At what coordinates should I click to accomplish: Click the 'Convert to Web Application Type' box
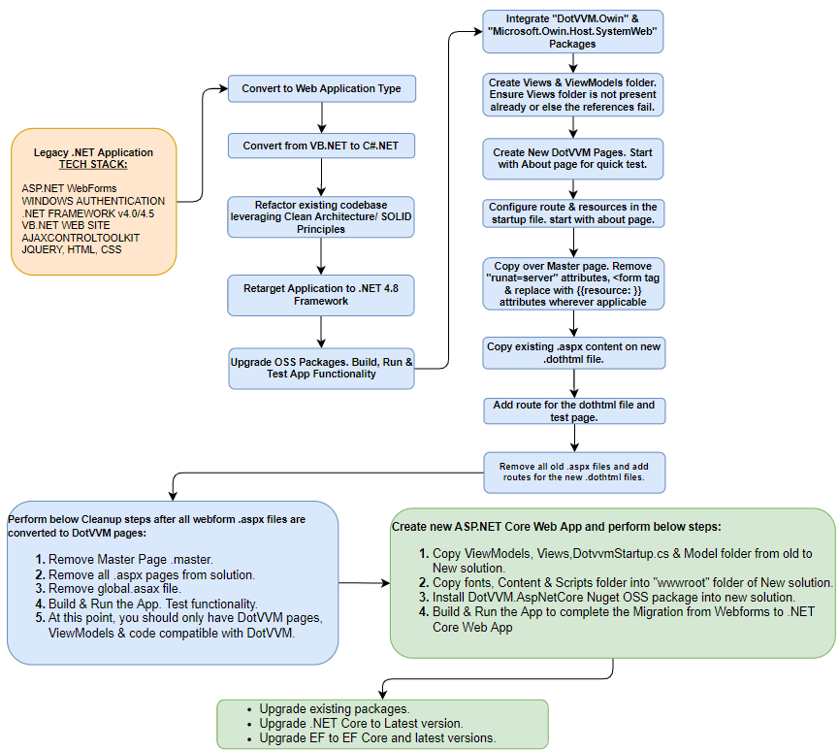tap(322, 88)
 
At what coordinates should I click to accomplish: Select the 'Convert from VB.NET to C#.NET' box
tap(321, 146)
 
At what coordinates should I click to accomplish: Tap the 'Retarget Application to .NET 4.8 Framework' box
tap(320, 295)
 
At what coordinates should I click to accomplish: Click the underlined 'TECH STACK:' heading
tap(93, 164)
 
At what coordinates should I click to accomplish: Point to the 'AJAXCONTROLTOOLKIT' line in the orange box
tap(81, 238)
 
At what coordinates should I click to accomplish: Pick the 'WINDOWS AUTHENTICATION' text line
tap(93, 201)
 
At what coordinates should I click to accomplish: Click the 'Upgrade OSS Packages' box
tap(321, 369)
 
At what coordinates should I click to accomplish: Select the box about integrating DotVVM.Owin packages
tap(572, 32)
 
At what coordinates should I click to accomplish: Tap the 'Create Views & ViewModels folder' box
tap(572, 95)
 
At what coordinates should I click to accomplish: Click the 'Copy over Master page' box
tap(573, 283)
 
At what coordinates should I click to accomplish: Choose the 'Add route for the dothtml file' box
tap(574, 411)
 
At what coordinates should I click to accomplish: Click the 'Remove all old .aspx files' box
tap(574, 473)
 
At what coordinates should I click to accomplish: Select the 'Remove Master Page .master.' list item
tap(124, 560)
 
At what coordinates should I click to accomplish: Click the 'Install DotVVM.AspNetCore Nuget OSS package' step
tap(607, 598)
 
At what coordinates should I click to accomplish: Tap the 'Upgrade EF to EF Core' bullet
tap(371, 738)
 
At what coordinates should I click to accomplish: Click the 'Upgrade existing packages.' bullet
tap(329, 709)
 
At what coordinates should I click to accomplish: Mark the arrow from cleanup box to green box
tap(365, 583)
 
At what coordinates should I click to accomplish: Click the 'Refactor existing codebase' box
tap(320, 216)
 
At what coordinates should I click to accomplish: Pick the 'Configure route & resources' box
tap(573, 213)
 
